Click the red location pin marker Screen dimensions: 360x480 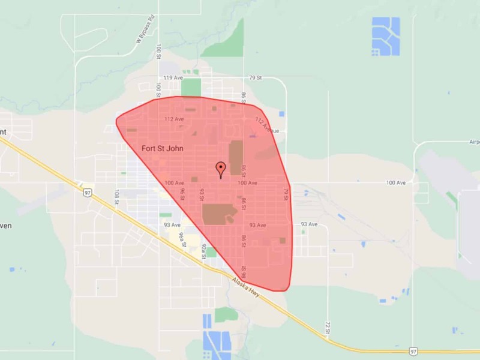tap(220, 169)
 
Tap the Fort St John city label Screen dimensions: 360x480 tap(162, 148)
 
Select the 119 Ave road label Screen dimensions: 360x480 tap(173, 78)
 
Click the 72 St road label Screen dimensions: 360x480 tap(328, 328)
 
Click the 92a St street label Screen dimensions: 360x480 tap(203, 250)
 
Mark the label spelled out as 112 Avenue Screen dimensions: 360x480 tap(268, 125)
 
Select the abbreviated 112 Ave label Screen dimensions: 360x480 tap(174, 119)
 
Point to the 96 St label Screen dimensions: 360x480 tap(182, 194)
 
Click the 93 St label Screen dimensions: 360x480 tap(202, 195)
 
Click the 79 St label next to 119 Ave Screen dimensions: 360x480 tap(256, 78)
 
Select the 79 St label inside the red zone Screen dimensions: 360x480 tap(286, 194)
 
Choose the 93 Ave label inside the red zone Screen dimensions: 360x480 tap(257, 225)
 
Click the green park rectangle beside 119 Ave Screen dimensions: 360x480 tap(191, 87)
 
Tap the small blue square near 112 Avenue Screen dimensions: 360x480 tap(281, 113)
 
